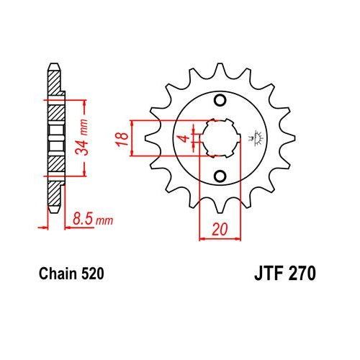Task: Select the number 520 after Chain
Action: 94,274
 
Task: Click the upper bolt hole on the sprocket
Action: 220,99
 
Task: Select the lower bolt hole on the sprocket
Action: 220,176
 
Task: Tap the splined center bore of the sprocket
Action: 220,137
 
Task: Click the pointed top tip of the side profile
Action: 53,68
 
